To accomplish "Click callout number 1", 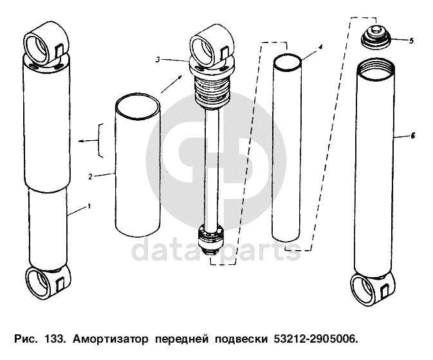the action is [x=89, y=206].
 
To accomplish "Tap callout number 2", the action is [x=90, y=176].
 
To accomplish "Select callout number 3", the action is [x=158, y=59].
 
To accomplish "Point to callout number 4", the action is [x=320, y=47].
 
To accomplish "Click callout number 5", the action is [x=411, y=41].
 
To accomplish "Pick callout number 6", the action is [x=413, y=136].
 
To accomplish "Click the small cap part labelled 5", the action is [x=376, y=37].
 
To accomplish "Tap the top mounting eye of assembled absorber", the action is [x=46, y=45].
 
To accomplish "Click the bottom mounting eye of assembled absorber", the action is [x=48, y=283].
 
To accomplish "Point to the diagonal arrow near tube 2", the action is [x=172, y=84].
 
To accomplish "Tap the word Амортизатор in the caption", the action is [x=111, y=339].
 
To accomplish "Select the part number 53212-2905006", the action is [x=315, y=339].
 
